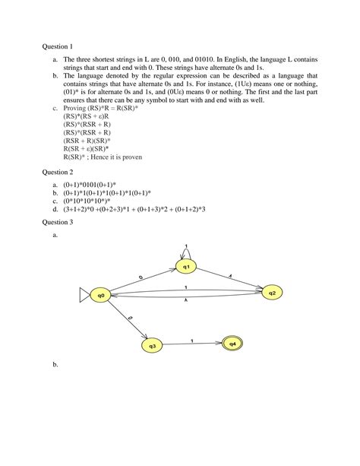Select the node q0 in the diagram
click(x=101, y=294)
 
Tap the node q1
click(x=186, y=266)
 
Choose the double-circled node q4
click(x=232, y=344)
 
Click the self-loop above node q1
click(x=186, y=249)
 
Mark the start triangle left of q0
click(x=84, y=294)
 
